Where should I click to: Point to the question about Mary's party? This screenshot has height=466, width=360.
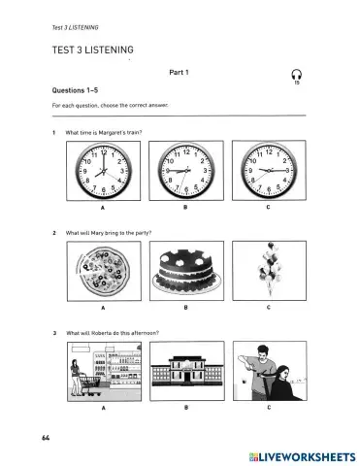tap(107, 232)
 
